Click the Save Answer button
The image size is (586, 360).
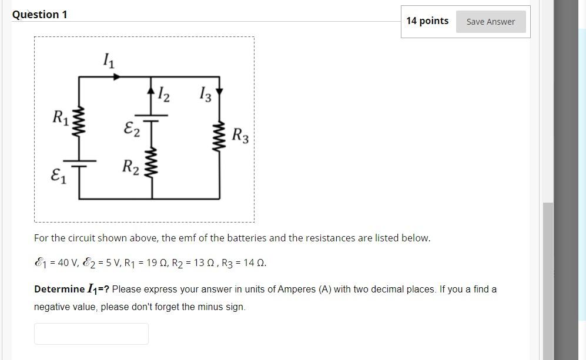490,22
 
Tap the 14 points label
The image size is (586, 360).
427,21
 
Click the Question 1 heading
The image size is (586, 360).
39,15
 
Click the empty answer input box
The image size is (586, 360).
91,334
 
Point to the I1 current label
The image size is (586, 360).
109,60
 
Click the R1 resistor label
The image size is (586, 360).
60,117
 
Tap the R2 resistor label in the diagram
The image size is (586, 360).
130,167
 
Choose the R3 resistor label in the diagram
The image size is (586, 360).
240,136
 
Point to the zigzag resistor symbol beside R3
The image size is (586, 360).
220,137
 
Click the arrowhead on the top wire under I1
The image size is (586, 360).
117,76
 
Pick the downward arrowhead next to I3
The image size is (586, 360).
220,92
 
